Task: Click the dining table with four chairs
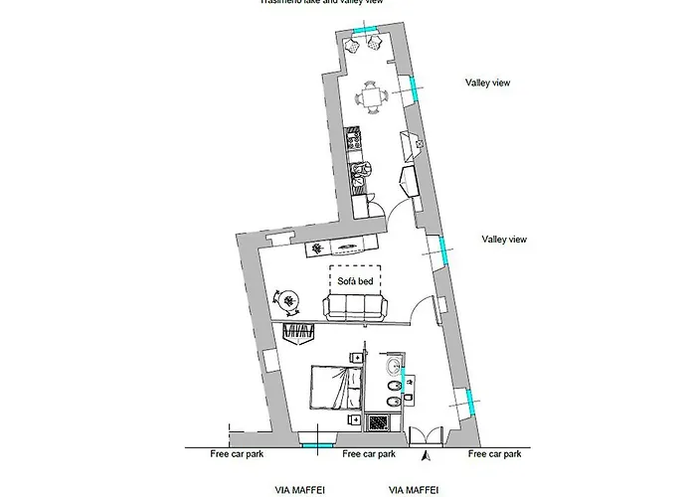tap(374, 96)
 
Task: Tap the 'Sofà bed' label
tap(353, 281)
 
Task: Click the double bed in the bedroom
tap(334, 387)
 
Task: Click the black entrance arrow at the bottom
tap(426, 456)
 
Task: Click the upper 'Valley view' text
tap(488, 83)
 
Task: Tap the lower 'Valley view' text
tap(503, 239)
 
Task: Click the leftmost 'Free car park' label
tap(236, 453)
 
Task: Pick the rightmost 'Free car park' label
tap(495, 453)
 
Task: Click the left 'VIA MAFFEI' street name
tap(300, 490)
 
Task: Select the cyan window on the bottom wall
tap(316, 446)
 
